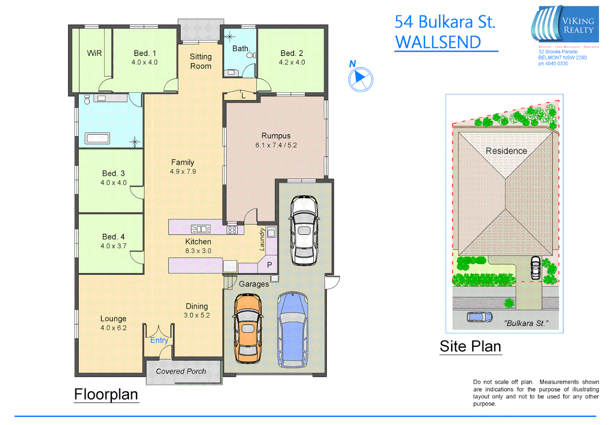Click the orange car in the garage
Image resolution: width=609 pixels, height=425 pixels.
point(248,329)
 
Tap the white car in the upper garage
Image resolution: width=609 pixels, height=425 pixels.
point(304,230)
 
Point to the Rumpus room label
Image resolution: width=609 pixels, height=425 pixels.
point(276,136)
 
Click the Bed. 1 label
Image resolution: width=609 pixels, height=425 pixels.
point(145,53)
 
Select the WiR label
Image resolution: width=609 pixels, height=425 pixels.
point(94,53)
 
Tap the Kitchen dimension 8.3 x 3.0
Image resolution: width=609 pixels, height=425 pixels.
point(198,251)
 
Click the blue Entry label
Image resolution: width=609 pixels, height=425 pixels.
point(159,340)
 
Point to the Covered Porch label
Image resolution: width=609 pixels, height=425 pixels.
point(181,371)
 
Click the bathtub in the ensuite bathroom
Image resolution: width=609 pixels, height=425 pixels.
point(98,139)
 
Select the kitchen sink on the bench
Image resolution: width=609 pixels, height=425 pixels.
point(201,229)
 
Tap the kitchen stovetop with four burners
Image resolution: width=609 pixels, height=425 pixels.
point(232,229)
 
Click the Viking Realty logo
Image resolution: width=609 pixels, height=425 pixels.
point(565,24)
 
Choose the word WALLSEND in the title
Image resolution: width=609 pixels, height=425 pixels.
point(438,42)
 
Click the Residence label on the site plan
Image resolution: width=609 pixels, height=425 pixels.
point(506,151)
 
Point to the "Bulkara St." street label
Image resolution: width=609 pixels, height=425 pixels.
point(525,323)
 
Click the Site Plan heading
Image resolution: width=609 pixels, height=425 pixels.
point(470,346)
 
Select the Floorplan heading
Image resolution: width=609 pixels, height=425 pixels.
point(106,394)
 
